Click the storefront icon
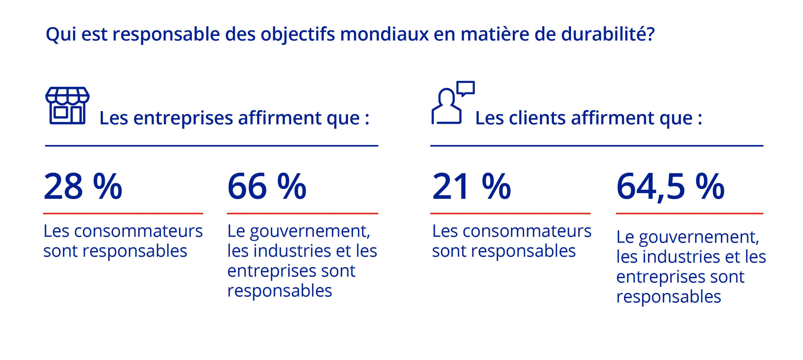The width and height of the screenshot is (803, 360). (67, 105)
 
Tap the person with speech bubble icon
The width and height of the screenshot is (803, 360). (452, 103)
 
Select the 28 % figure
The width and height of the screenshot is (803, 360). (83, 186)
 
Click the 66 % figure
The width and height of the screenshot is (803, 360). (267, 186)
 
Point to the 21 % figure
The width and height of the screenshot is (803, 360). (471, 186)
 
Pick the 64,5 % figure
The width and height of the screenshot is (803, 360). (670, 186)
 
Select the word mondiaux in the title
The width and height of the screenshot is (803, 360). (384, 34)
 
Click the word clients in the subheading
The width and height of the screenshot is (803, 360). (537, 118)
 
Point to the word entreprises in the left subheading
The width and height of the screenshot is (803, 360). (183, 118)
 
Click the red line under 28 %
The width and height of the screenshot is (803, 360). (123, 213)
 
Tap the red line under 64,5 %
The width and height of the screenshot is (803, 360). (689, 213)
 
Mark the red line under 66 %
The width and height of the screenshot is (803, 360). (302, 213)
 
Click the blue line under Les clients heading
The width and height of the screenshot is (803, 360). (597, 145)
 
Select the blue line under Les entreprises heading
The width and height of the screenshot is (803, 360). (211, 145)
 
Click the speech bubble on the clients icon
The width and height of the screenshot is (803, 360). (466, 88)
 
